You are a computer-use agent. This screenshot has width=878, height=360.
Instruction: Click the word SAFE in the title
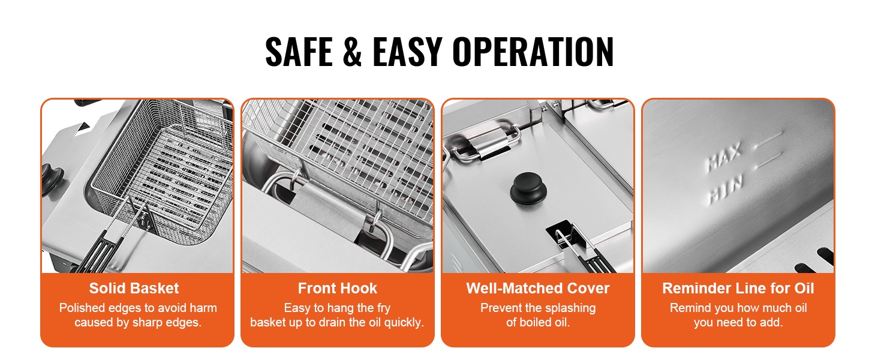299,52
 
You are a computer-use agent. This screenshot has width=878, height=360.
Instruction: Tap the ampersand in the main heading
352,52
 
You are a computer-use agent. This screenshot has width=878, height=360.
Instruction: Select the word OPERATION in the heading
533,52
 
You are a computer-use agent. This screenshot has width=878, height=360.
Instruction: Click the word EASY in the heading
407,52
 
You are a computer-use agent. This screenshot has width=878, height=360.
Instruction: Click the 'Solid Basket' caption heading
134,288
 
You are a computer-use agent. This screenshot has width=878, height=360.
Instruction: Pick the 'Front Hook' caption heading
337,288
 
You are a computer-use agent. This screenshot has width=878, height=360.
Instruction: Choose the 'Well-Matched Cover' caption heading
538,288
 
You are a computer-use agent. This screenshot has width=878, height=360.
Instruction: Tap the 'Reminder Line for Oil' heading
738,288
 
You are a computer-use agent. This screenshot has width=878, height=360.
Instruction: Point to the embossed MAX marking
724,157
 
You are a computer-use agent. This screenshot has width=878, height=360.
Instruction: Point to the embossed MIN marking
725,190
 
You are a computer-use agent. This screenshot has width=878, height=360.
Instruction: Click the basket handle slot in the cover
565,235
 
